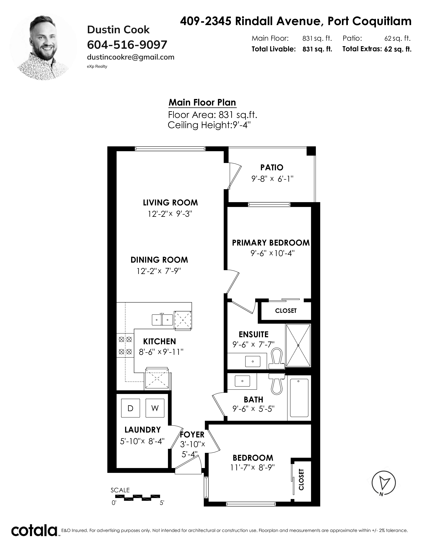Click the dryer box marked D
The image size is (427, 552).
[131, 408]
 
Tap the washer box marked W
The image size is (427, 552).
[155, 408]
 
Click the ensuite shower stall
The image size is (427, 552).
[298, 345]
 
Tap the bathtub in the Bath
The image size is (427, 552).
[299, 398]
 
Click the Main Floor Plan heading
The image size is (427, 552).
[202, 102]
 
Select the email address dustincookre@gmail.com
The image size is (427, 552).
[131, 57]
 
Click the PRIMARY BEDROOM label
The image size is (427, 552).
[271, 243]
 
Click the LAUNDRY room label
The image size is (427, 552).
[143, 430]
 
